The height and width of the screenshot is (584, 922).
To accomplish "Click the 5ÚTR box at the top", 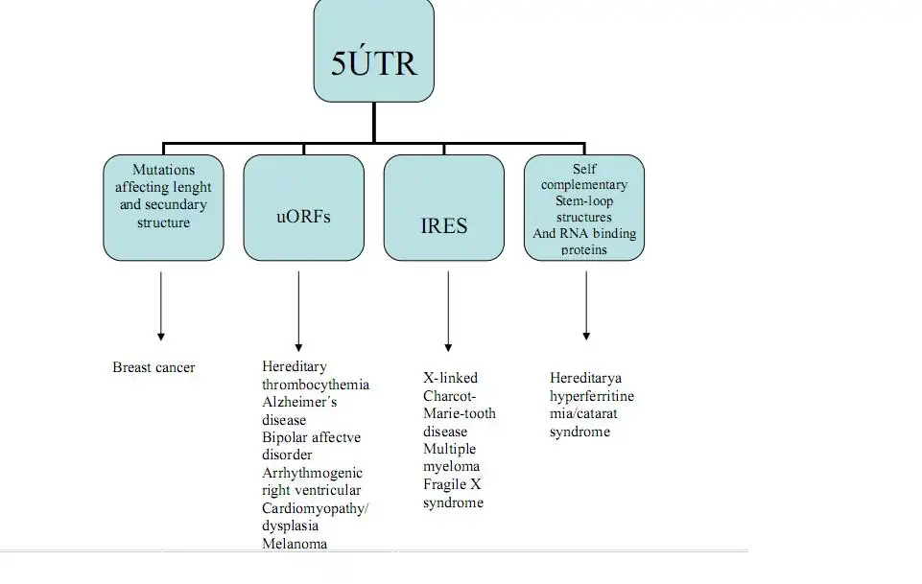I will coord(374,52).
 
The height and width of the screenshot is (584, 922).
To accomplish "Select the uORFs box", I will coord(303,208).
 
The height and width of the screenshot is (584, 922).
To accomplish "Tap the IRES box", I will coord(444,208).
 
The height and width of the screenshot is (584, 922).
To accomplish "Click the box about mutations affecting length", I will coord(163,208).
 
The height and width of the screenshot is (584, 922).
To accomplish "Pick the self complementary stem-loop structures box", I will coord(584,208).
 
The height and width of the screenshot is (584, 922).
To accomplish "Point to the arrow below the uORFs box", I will coord(298,312).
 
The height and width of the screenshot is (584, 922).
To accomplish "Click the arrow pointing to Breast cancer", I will coord(161,306).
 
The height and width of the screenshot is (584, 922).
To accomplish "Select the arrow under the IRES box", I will coord(448,312).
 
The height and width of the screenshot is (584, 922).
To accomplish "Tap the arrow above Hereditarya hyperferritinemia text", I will coord(586,306).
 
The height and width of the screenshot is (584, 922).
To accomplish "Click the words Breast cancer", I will coord(154,367).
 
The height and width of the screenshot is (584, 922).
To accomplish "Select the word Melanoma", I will coord(295,544).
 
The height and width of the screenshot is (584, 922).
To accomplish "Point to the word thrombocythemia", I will coord(316,385).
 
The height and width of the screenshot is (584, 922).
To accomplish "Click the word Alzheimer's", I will coord(299,403).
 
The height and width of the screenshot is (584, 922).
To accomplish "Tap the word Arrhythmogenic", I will coord(312,473).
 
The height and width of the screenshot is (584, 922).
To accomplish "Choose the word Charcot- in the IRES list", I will coord(450,396).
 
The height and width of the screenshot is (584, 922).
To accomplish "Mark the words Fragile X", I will coord(452,484).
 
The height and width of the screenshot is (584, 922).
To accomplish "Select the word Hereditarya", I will coord(585,379).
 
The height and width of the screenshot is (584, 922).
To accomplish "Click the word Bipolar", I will coord(285,437).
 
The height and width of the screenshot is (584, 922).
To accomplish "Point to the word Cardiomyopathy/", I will coord(315,508).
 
